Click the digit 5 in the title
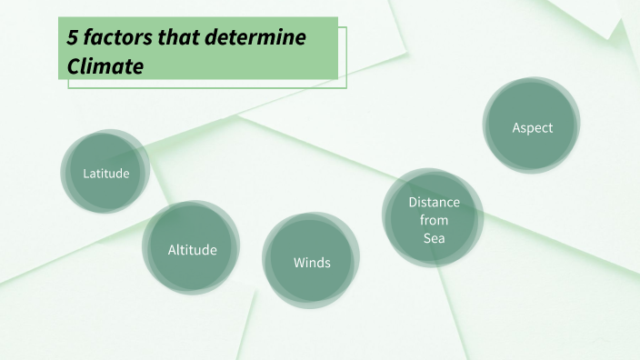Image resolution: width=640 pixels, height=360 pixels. [x=73, y=38]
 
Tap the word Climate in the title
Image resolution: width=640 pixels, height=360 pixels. [x=106, y=65]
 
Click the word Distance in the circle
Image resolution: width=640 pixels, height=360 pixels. [x=434, y=202]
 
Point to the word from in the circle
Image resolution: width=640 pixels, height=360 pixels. [x=434, y=220]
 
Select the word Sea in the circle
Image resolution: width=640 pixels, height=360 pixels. [x=434, y=238]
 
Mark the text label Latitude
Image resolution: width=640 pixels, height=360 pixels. [x=106, y=173]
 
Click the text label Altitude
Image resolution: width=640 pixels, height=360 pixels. [x=192, y=249]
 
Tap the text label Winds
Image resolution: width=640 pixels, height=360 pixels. [x=312, y=263]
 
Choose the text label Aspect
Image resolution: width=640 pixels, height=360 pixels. [x=532, y=127]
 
